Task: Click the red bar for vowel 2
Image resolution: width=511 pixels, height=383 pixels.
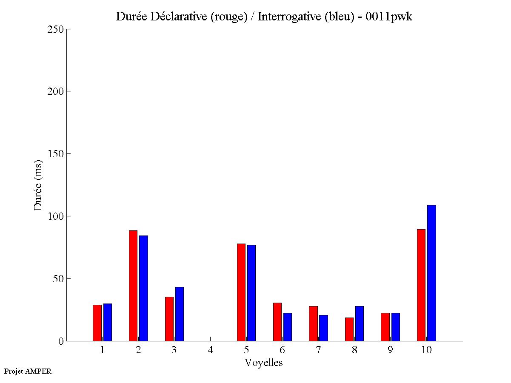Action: pos(133,286)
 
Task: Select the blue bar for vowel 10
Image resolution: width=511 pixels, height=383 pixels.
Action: pos(431,273)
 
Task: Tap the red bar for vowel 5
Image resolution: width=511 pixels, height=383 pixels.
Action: pos(241,292)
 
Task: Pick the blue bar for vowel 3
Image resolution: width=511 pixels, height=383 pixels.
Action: pos(180,314)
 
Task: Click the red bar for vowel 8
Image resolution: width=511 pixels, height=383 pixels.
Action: pos(349,329)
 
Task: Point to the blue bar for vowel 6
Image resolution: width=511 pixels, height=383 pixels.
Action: pos(288,327)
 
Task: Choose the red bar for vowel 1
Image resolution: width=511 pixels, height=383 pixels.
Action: pos(97,323)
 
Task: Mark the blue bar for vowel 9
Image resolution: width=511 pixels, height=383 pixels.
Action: pos(396,327)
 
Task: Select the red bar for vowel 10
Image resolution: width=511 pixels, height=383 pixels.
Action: pos(421,285)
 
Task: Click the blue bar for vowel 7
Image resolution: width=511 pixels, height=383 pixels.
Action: pos(323,328)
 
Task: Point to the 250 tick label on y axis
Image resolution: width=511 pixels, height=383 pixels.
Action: pos(55,29)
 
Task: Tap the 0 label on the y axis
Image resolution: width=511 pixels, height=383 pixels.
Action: pos(60,341)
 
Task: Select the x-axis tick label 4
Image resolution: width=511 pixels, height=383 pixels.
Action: pos(210,350)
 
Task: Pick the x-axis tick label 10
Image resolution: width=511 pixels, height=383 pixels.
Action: pos(426,350)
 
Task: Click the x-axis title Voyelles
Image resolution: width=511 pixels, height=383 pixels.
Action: pos(264,363)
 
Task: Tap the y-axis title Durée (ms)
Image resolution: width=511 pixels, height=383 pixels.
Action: pos(38,185)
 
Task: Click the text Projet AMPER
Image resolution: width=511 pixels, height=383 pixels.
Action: pos(28,371)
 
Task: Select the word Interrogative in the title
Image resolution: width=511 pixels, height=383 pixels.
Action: pos(285,17)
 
